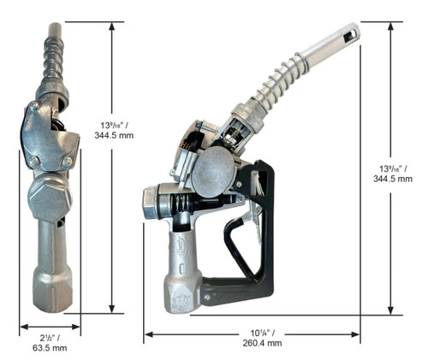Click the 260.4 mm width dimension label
[x=262, y=343]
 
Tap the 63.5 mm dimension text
[x=50, y=348]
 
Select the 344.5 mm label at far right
[x=393, y=179]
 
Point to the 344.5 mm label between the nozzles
[x=114, y=135]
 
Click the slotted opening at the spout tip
[x=350, y=35]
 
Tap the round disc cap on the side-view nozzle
[x=214, y=172]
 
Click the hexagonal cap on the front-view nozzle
[x=50, y=198]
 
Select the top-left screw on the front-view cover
[x=34, y=106]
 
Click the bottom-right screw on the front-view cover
[x=68, y=162]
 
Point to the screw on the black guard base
[x=207, y=298]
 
